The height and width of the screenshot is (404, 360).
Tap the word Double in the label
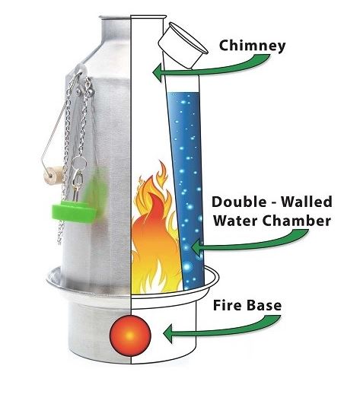(239, 202)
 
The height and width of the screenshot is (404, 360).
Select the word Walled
(307, 202)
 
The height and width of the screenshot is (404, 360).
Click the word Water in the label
(234, 221)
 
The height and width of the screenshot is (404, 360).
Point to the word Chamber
(295, 221)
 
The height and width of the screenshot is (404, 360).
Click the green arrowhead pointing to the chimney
(158, 72)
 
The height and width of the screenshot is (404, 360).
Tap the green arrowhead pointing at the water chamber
(196, 247)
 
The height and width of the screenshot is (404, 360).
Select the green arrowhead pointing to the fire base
(168, 333)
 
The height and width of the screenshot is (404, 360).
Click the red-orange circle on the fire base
(130, 336)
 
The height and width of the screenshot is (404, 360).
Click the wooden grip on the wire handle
(53, 175)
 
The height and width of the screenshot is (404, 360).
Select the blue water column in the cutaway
(186, 191)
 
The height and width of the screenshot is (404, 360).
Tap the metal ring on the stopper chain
(79, 163)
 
